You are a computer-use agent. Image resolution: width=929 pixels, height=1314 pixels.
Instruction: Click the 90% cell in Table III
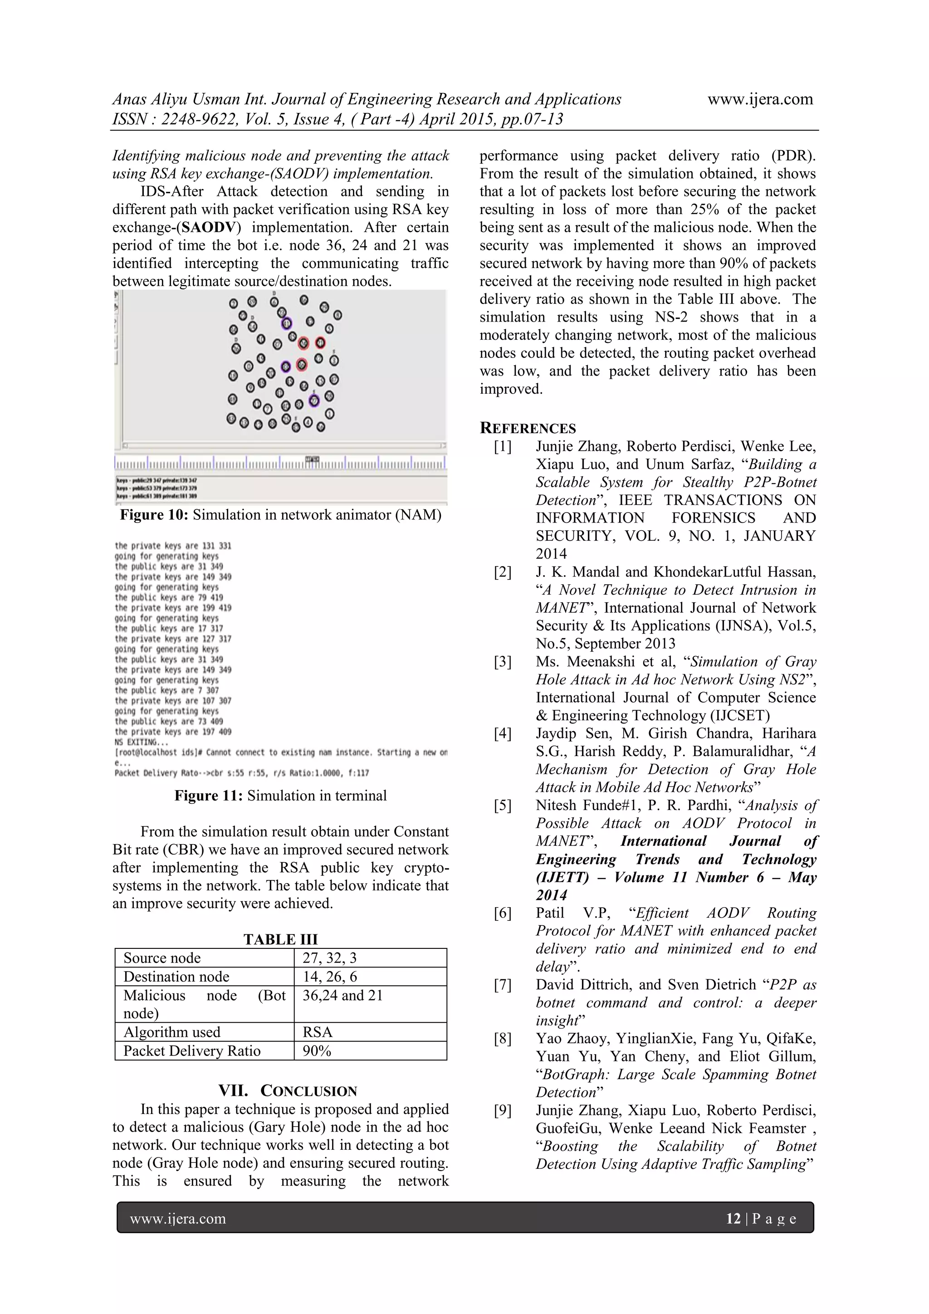point(317,1051)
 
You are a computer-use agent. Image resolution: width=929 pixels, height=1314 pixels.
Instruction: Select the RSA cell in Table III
point(318,1032)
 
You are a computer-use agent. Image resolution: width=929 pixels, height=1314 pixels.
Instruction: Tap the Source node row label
point(162,958)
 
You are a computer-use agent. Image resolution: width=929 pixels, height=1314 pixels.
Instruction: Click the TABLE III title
point(280,939)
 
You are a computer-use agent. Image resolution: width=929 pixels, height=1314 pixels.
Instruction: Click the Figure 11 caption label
point(209,796)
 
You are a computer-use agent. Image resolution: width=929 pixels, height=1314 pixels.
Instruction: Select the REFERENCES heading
point(528,428)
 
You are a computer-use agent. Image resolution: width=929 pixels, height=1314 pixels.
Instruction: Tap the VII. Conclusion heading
point(287,1091)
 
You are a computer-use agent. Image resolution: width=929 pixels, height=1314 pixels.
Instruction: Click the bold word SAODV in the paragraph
point(208,227)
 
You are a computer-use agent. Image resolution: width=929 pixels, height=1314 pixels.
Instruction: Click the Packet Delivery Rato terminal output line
point(242,773)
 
